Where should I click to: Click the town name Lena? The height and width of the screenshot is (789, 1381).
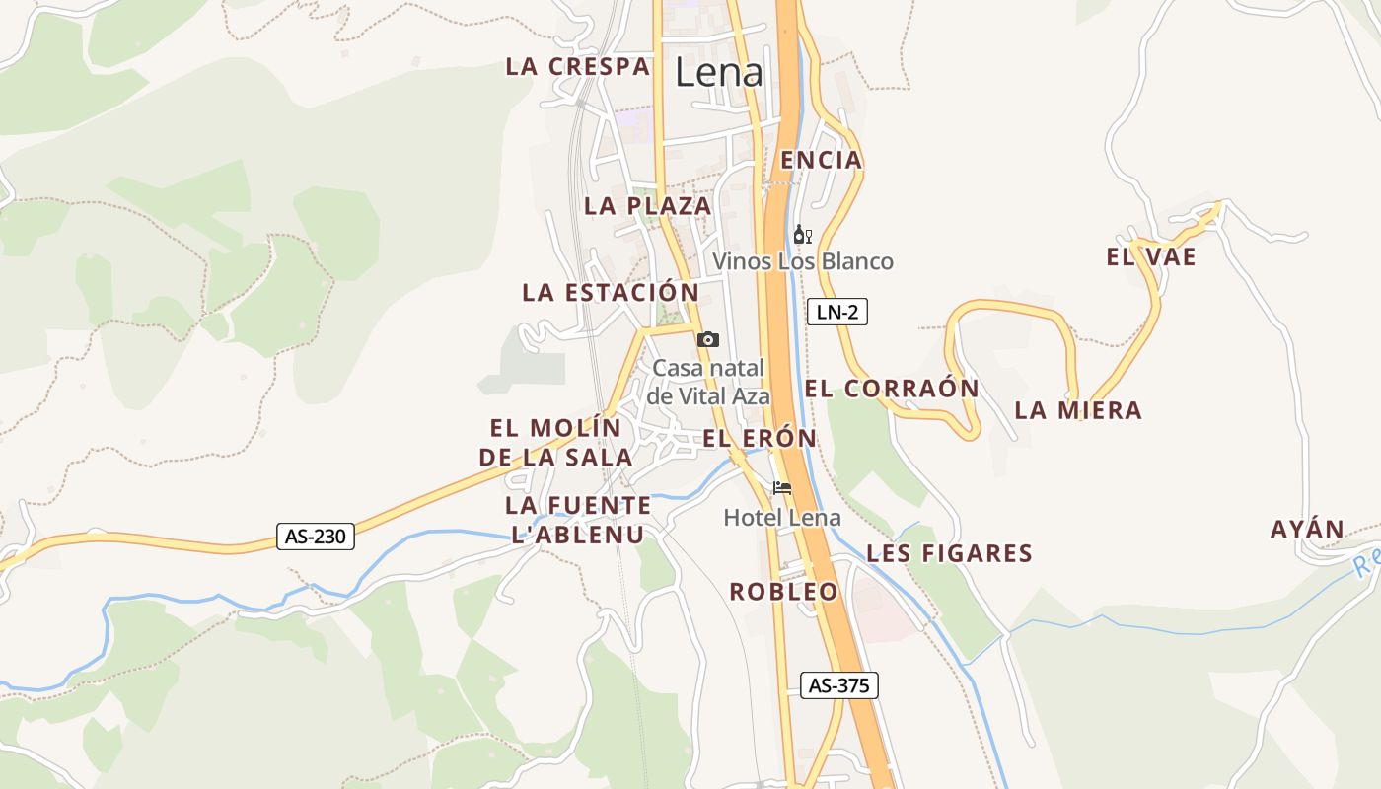click(719, 72)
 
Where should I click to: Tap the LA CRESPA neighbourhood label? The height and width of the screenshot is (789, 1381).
click(578, 66)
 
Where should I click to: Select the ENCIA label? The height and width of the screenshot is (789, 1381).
click(821, 160)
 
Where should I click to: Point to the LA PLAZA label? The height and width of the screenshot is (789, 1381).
click(647, 205)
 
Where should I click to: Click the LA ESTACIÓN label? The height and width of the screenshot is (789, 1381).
click(611, 292)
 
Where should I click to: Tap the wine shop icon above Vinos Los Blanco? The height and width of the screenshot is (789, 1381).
click(802, 235)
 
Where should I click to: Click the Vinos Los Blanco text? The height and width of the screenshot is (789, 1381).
click(803, 261)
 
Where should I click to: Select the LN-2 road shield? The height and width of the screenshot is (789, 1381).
click(837, 313)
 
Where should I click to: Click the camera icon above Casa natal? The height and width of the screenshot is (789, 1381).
click(707, 339)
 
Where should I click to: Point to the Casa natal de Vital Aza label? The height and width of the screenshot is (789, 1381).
click(708, 382)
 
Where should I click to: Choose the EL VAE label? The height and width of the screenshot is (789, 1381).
click(1151, 257)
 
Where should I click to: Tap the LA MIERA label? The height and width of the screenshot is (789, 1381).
click(1078, 410)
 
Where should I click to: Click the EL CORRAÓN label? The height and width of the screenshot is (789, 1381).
click(892, 389)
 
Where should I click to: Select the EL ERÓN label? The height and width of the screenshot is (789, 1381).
click(760, 438)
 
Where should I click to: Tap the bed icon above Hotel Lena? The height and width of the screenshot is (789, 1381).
click(782, 487)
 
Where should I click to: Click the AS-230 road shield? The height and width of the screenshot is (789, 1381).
click(315, 537)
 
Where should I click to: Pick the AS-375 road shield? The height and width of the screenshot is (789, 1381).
click(838, 685)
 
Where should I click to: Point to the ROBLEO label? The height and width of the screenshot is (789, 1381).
click(783, 592)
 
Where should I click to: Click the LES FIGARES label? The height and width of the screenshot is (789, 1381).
click(949, 553)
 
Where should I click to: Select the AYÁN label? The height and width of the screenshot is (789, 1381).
click(1307, 530)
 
